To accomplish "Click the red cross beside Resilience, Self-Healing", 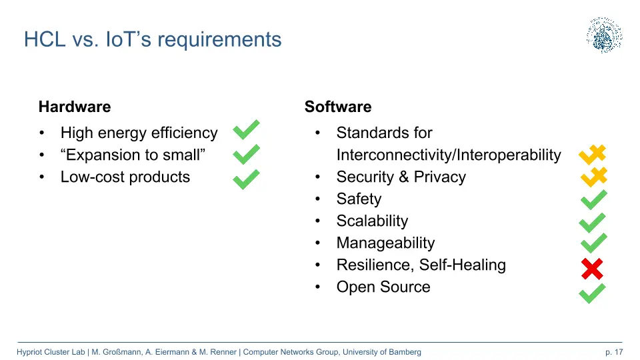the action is (x=592, y=269).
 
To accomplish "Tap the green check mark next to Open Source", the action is (x=592, y=293).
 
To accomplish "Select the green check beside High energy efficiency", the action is (x=246, y=130).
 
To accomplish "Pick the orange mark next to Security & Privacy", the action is (x=594, y=177).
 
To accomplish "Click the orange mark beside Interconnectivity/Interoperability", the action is (x=592, y=155).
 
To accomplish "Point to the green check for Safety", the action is (x=594, y=200).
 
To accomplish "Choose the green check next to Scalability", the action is (x=592, y=223).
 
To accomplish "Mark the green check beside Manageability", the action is (x=594, y=243).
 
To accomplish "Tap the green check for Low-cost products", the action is (x=246, y=179).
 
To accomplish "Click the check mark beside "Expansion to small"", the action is (x=246, y=154).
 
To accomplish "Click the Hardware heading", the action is (x=75, y=107).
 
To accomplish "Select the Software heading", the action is (x=338, y=107).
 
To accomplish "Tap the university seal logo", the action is (x=605, y=35).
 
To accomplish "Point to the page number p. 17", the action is (x=614, y=352).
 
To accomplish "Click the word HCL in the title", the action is (x=45, y=39).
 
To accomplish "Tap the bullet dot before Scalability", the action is (x=318, y=221).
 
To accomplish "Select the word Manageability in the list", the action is (x=386, y=243).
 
